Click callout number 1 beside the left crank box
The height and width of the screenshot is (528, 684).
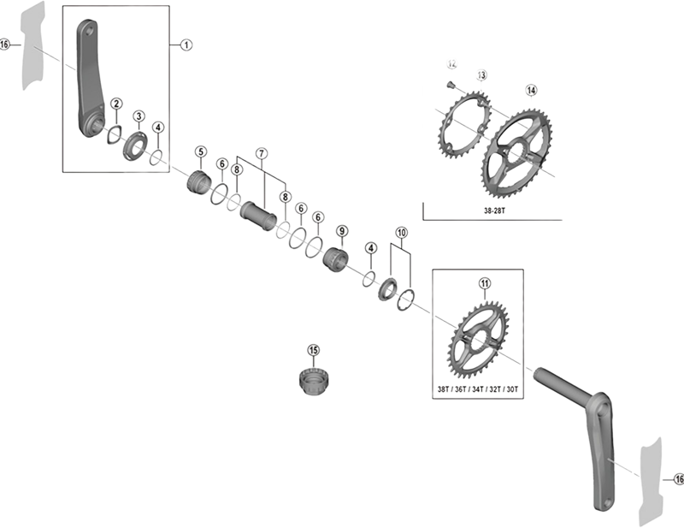tap(186, 44)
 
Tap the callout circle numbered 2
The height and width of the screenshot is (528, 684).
tap(115, 104)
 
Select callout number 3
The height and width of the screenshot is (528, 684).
tap(139, 116)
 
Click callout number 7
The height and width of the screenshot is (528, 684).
tap(262, 153)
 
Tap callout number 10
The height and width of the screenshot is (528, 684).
tap(401, 233)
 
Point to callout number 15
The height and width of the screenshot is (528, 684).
tap(314, 350)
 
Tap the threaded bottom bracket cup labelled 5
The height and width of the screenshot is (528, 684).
tap(199, 182)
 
